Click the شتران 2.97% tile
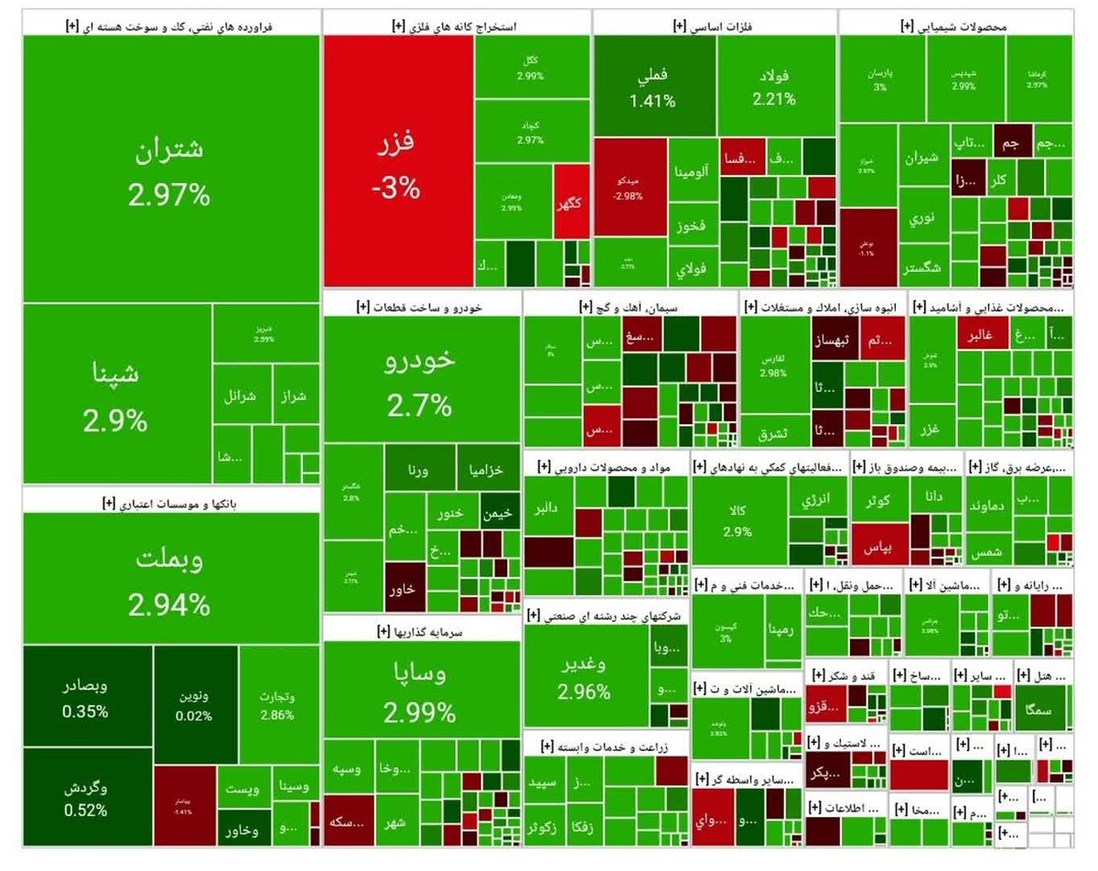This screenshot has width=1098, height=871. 170,169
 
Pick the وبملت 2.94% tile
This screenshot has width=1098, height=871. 170,579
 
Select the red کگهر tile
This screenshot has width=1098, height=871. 570,203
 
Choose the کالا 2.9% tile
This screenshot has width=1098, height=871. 737,520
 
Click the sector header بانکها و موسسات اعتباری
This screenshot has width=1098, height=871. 170,500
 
